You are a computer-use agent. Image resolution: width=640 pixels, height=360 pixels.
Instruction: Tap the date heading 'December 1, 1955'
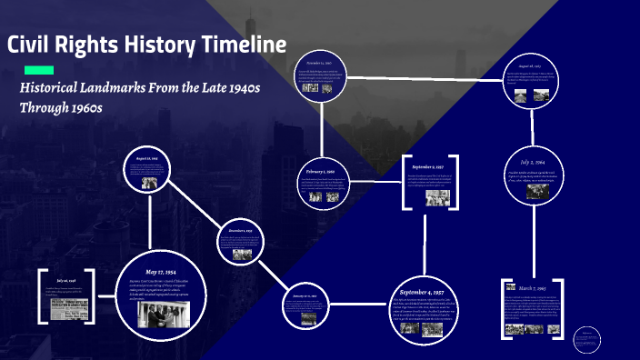[240, 231]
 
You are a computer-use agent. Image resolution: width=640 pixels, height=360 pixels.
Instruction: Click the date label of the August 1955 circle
[148, 158]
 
